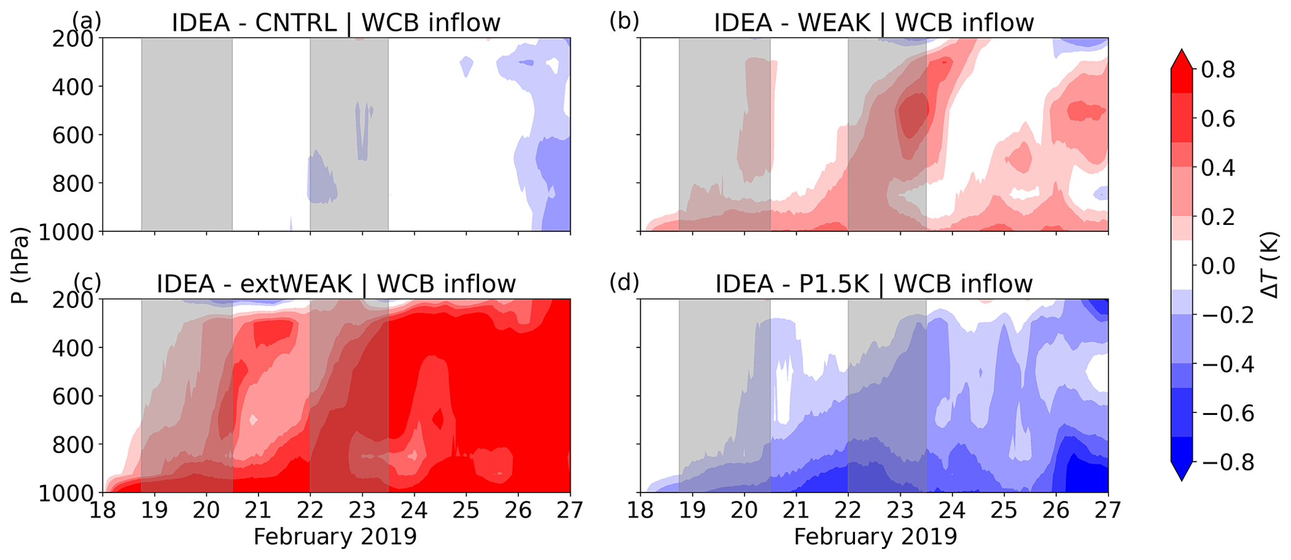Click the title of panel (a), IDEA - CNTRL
coord(336,22)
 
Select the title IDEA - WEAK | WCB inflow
coord(874,22)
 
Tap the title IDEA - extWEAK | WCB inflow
coord(336,284)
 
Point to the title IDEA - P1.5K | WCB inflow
coord(874,284)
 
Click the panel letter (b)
coord(624,21)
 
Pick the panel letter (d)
coord(624,282)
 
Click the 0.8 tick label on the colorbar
coord(1218,69)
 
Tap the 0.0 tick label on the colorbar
coord(1218,266)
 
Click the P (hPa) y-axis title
coord(21,265)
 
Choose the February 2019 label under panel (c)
coord(335,537)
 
